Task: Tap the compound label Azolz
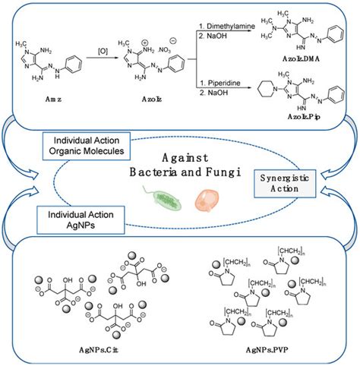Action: click(148, 99)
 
